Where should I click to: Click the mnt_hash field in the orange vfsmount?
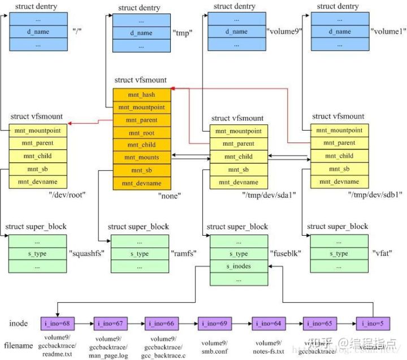pos(142,95)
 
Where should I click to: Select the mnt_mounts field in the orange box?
pos(142,157)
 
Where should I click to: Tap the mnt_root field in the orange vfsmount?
pos(142,133)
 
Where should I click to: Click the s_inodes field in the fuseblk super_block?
pos(239,266)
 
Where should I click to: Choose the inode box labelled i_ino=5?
pos(373,323)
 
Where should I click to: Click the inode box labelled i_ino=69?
pos(214,323)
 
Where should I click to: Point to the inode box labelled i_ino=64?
pos(268,323)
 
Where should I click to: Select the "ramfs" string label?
pos(183,254)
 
